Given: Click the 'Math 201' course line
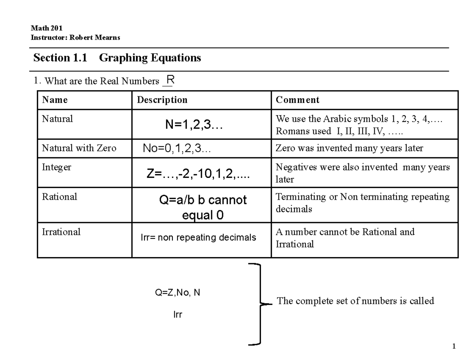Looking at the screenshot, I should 46,28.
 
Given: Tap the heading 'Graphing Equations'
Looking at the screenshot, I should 150,58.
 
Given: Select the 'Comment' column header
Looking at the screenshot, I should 297,100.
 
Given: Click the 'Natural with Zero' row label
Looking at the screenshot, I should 79,148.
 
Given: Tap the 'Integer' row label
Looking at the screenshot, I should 56,167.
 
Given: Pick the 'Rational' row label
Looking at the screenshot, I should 59,197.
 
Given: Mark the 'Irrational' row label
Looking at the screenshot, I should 61,232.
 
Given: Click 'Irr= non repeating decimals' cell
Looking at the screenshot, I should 198,237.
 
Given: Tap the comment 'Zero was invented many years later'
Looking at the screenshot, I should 349,148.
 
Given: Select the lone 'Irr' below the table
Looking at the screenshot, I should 177,315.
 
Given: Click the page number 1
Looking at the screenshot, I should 453,347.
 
